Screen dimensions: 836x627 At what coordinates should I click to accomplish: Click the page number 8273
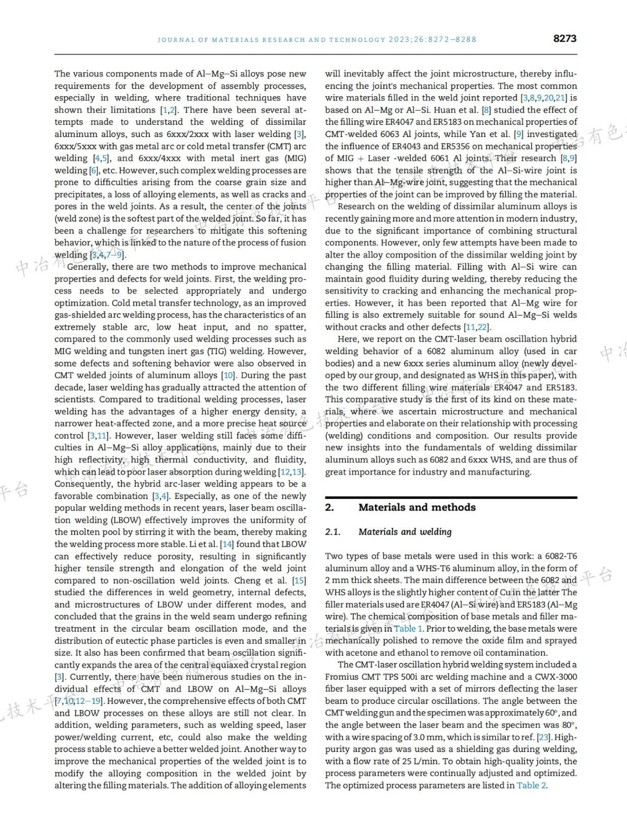[564, 38]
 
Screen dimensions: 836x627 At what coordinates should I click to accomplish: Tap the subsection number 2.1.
[332, 532]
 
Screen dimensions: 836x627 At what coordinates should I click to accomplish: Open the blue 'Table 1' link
[408, 629]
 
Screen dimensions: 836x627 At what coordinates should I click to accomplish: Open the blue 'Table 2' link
[531, 785]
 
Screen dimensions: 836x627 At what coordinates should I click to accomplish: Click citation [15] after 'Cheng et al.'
[299, 580]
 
